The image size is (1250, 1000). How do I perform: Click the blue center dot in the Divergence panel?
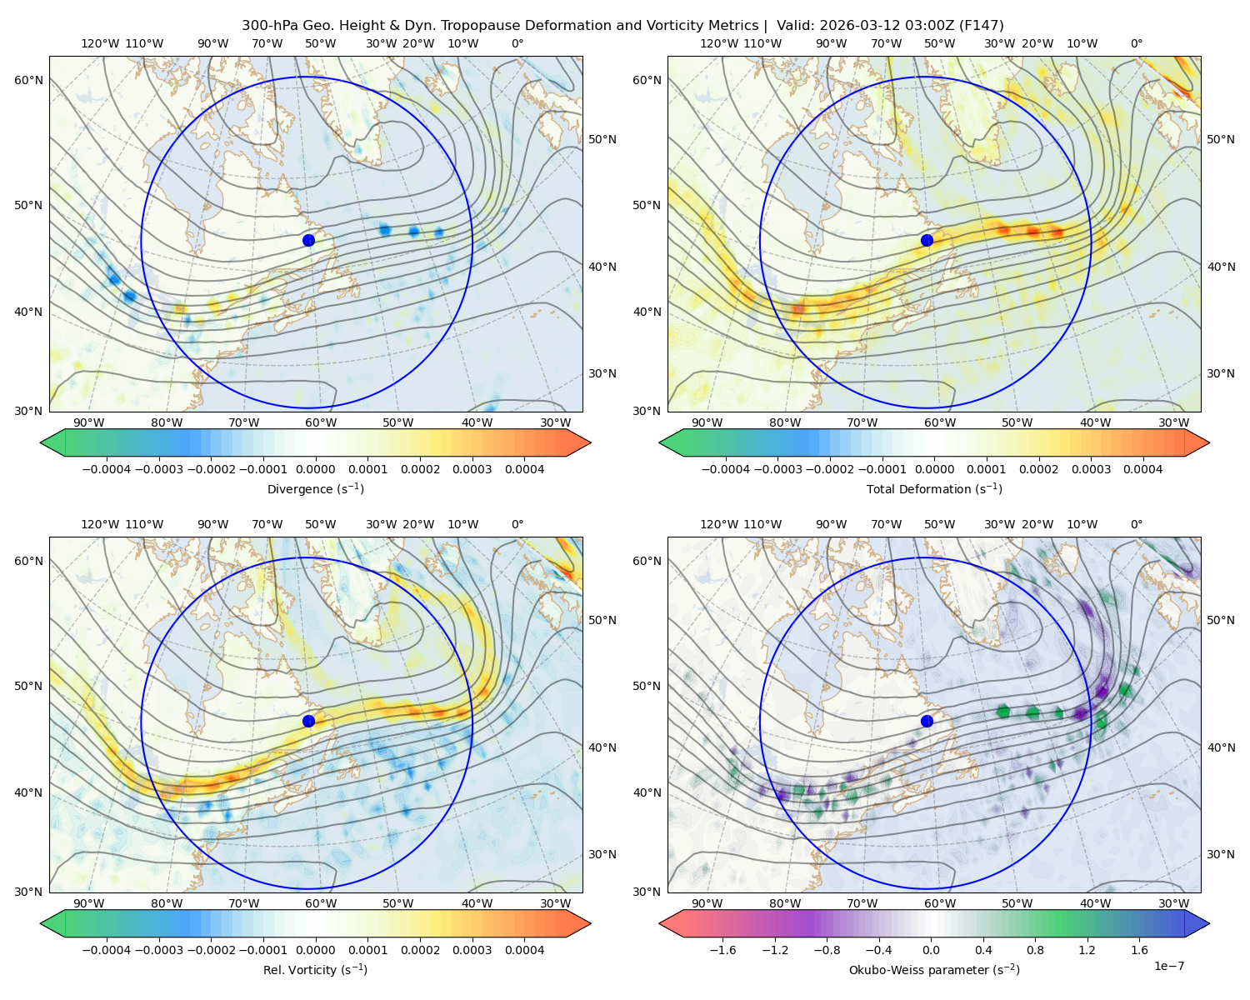click(308, 240)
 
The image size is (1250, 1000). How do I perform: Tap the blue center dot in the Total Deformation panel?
click(927, 240)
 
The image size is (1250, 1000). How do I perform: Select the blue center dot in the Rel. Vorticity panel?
click(308, 721)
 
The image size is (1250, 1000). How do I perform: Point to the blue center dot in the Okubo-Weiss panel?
click(927, 721)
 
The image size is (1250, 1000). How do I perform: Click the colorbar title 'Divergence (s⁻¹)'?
click(315, 488)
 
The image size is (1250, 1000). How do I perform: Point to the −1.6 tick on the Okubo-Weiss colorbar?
click(722, 950)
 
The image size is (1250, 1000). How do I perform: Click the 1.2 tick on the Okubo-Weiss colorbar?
click(1087, 950)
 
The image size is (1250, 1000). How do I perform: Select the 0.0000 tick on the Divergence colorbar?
click(315, 469)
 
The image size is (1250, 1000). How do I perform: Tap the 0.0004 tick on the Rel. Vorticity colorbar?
click(524, 950)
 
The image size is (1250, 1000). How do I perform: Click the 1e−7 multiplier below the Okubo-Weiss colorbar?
click(1168, 966)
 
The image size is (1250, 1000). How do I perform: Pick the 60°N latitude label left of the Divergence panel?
click(28, 80)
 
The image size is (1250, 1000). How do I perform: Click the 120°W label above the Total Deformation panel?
click(719, 43)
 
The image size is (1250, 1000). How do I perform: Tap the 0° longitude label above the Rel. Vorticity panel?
click(517, 524)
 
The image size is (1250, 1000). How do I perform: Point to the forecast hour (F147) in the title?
click(981, 26)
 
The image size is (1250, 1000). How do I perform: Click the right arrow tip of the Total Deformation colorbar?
click(1209, 442)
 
